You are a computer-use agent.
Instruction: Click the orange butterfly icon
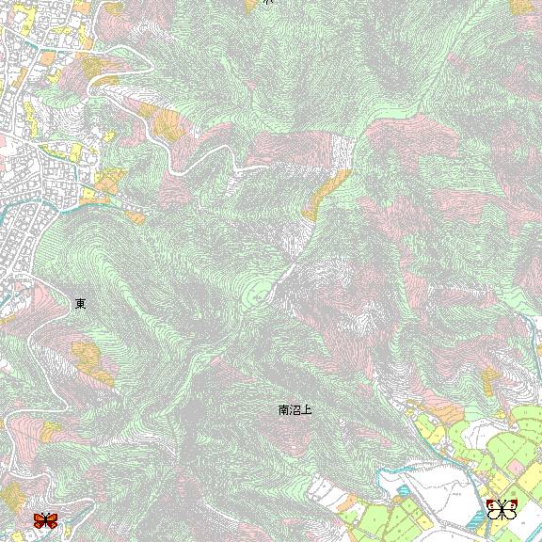(x=45, y=519)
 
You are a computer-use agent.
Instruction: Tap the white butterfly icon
(x=502, y=510)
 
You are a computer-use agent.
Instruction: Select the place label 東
(x=81, y=304)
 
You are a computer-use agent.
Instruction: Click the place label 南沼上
(x=295, y=410)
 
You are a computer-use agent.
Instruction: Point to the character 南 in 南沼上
(x=284, y=410)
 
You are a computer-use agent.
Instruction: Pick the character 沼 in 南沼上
(x=295, y=410)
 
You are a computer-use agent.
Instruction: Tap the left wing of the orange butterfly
(x=40, y=519)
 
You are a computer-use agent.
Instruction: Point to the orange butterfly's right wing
(x=52, y=519)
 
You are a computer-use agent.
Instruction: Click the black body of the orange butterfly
(x=45, y=520)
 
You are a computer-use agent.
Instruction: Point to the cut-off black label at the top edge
(x=267, y=3)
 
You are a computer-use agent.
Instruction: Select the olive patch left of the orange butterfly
(x=11, y=499)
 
